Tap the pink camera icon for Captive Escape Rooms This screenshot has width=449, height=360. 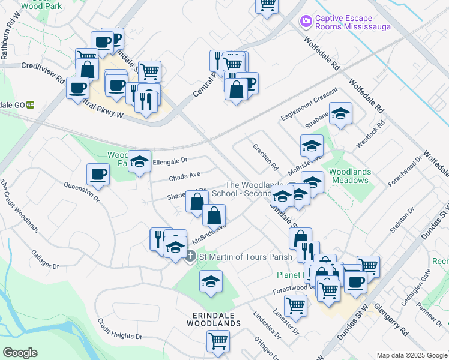(x=306, y=21)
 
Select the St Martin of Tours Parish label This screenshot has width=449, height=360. (x=246, y=257)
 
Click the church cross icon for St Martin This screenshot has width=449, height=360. (x=190, y=257)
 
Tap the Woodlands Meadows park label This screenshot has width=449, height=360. (x=350, y=176)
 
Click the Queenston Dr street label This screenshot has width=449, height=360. (x=85, y=191)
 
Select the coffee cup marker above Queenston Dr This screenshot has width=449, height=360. (x=98, y=175)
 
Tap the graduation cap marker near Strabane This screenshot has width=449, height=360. (x=340, y=113)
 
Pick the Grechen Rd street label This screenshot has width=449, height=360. (x=265, y=156)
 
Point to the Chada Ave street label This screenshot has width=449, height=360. (x=184, y=176)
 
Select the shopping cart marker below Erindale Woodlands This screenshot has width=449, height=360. (x=218, y=341)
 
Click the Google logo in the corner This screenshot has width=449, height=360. (x=20, y=352)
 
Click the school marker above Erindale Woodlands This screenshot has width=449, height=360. (x=211, y=281)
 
